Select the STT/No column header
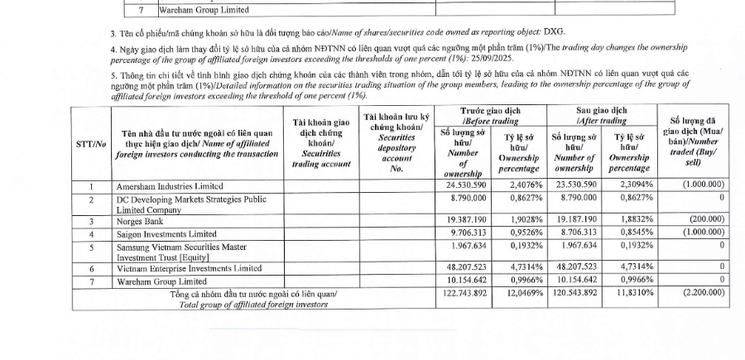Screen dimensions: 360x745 point(91,143)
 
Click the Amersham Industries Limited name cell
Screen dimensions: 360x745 point(173,186)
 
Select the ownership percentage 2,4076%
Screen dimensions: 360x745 point(518,185)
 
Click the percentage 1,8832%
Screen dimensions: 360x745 point(631,221)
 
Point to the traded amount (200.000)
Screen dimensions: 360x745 point(703,221)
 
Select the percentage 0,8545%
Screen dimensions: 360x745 point(631,233)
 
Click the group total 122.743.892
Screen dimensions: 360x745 point(462,293)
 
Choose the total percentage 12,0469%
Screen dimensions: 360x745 point(517,293)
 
